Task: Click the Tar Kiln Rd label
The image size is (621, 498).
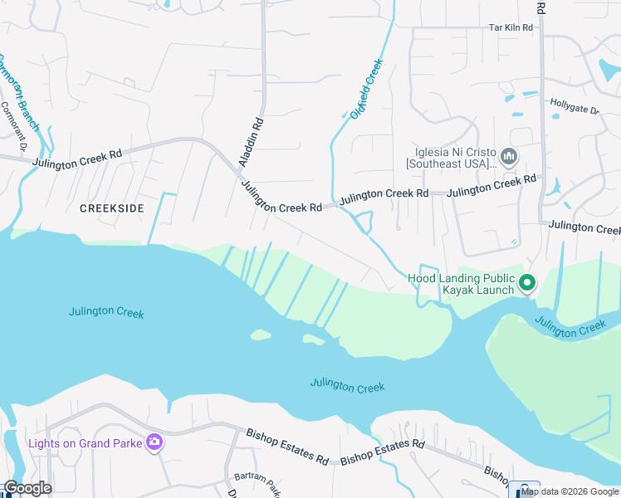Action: (510, 27)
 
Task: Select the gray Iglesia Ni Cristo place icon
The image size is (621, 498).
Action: (510, 156)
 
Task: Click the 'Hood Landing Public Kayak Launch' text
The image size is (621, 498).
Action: (462, 285)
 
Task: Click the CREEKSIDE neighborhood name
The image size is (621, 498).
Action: (112, 208)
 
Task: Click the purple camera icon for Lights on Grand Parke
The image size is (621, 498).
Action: (154, 442)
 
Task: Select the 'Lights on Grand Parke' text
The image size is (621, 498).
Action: (85, 442)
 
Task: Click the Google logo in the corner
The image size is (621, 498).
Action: (27, 488)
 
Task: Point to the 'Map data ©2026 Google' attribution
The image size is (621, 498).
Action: (570, 491)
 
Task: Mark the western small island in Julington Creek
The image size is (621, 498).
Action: (261, 335)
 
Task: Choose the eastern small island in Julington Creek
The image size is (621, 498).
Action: (314, 339)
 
